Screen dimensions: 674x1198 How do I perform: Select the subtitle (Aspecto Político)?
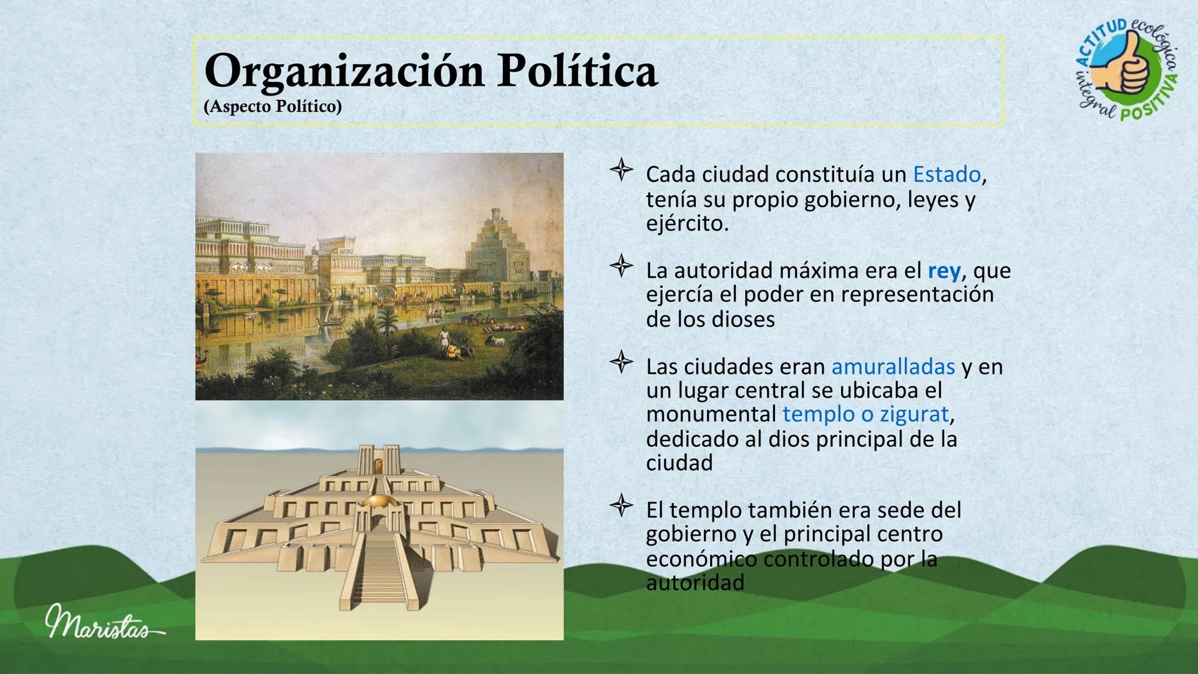(x=273, y=107)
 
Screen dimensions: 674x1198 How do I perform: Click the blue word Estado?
(x=947, y=175)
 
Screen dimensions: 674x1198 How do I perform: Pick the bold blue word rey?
(x=944, y=271)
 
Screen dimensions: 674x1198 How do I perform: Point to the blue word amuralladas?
(x=893, y=366)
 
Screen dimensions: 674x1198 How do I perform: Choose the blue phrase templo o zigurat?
(x=865, y=414)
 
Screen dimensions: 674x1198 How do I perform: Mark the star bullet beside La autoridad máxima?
(x=621, y=267)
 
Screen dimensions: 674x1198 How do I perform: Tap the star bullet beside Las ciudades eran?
(x=621, y=363)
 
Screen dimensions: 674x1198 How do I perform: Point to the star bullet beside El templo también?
(x=621, y=506)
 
